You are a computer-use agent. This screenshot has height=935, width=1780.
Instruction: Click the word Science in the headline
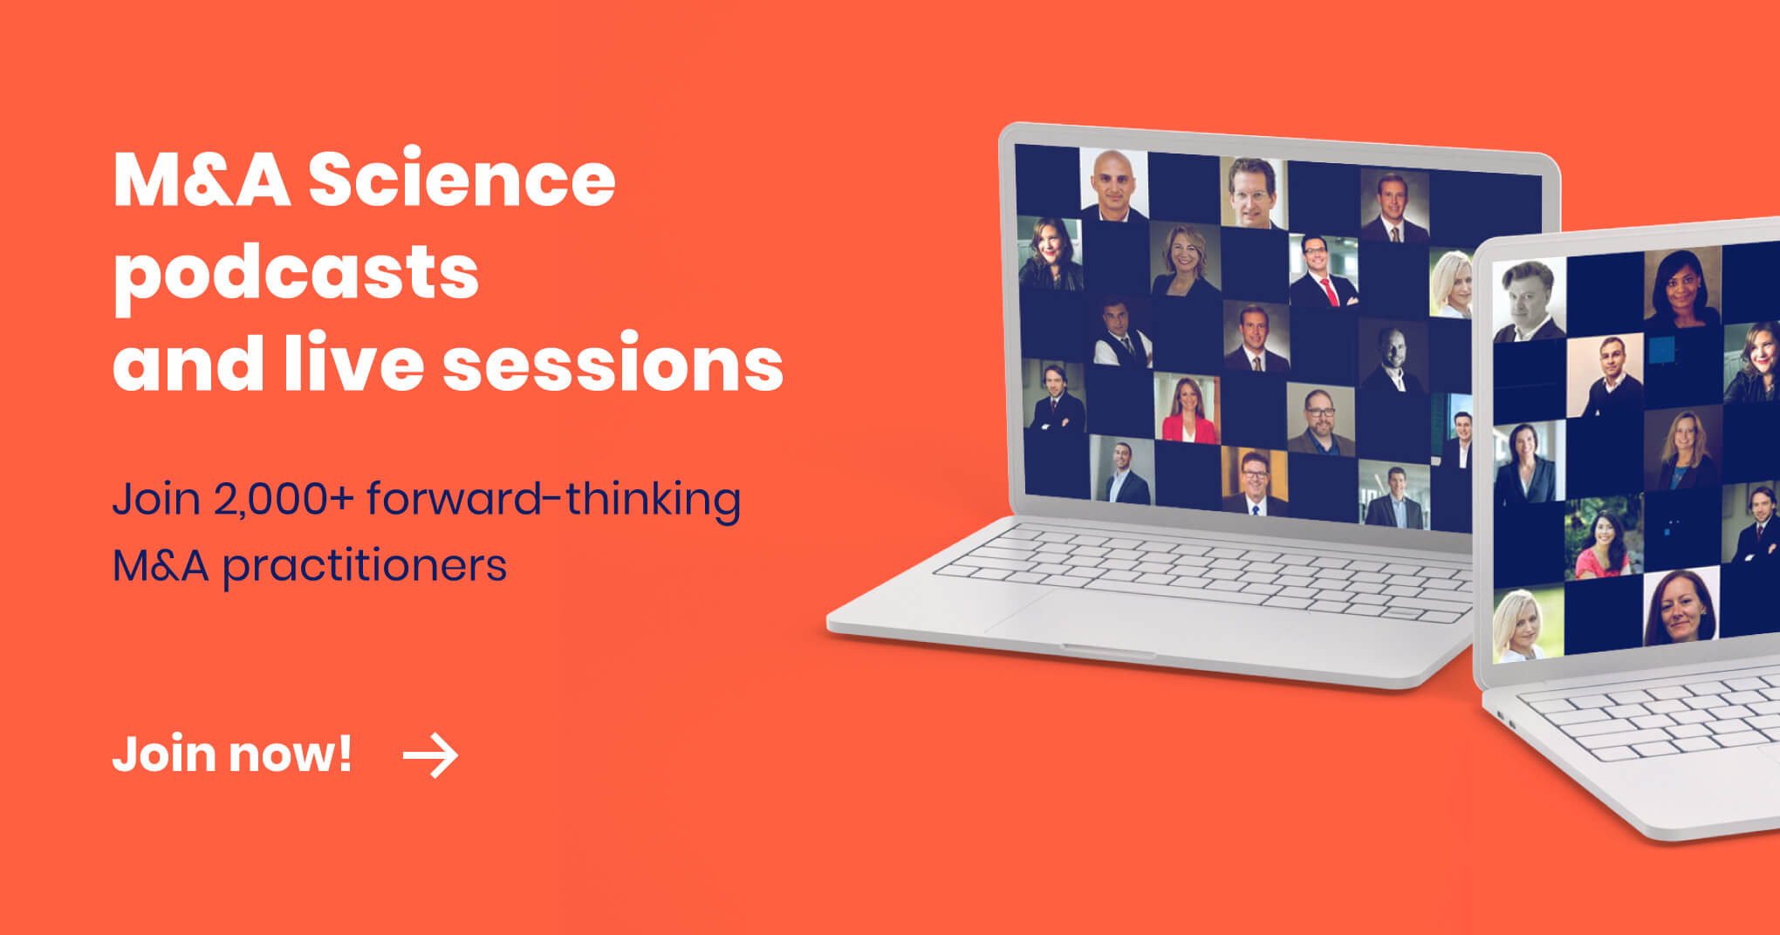pos(462,179)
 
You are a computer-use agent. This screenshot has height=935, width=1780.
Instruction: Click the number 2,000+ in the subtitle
pos(284,499)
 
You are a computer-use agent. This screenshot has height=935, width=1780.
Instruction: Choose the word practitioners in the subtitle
pos(365,566)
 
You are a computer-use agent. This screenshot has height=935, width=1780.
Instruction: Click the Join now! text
pos(232,755)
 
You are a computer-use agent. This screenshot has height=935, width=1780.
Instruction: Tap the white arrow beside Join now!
pos(430,755)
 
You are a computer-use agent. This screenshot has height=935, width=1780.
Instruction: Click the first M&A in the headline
pos(202,179)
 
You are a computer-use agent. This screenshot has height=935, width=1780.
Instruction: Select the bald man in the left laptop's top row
pos(1114,185)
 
